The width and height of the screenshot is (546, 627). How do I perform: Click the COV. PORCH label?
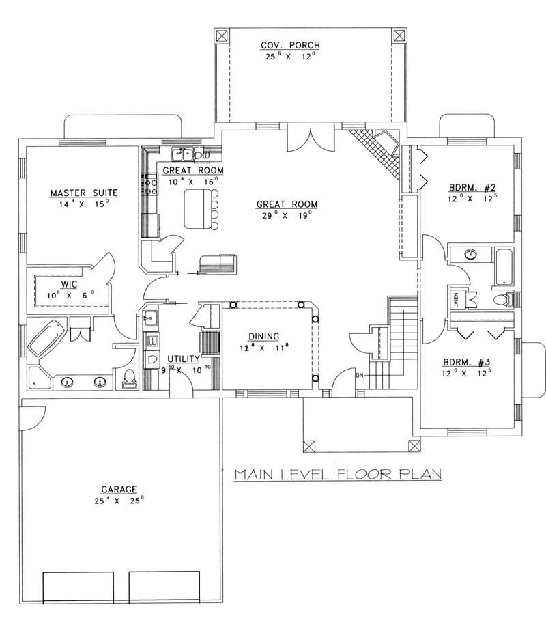point(290,46)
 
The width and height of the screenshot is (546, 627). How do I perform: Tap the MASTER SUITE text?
point(79,193)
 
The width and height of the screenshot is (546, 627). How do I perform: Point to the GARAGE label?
point(119,489)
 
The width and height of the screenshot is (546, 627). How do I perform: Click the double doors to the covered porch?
point(311,139)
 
